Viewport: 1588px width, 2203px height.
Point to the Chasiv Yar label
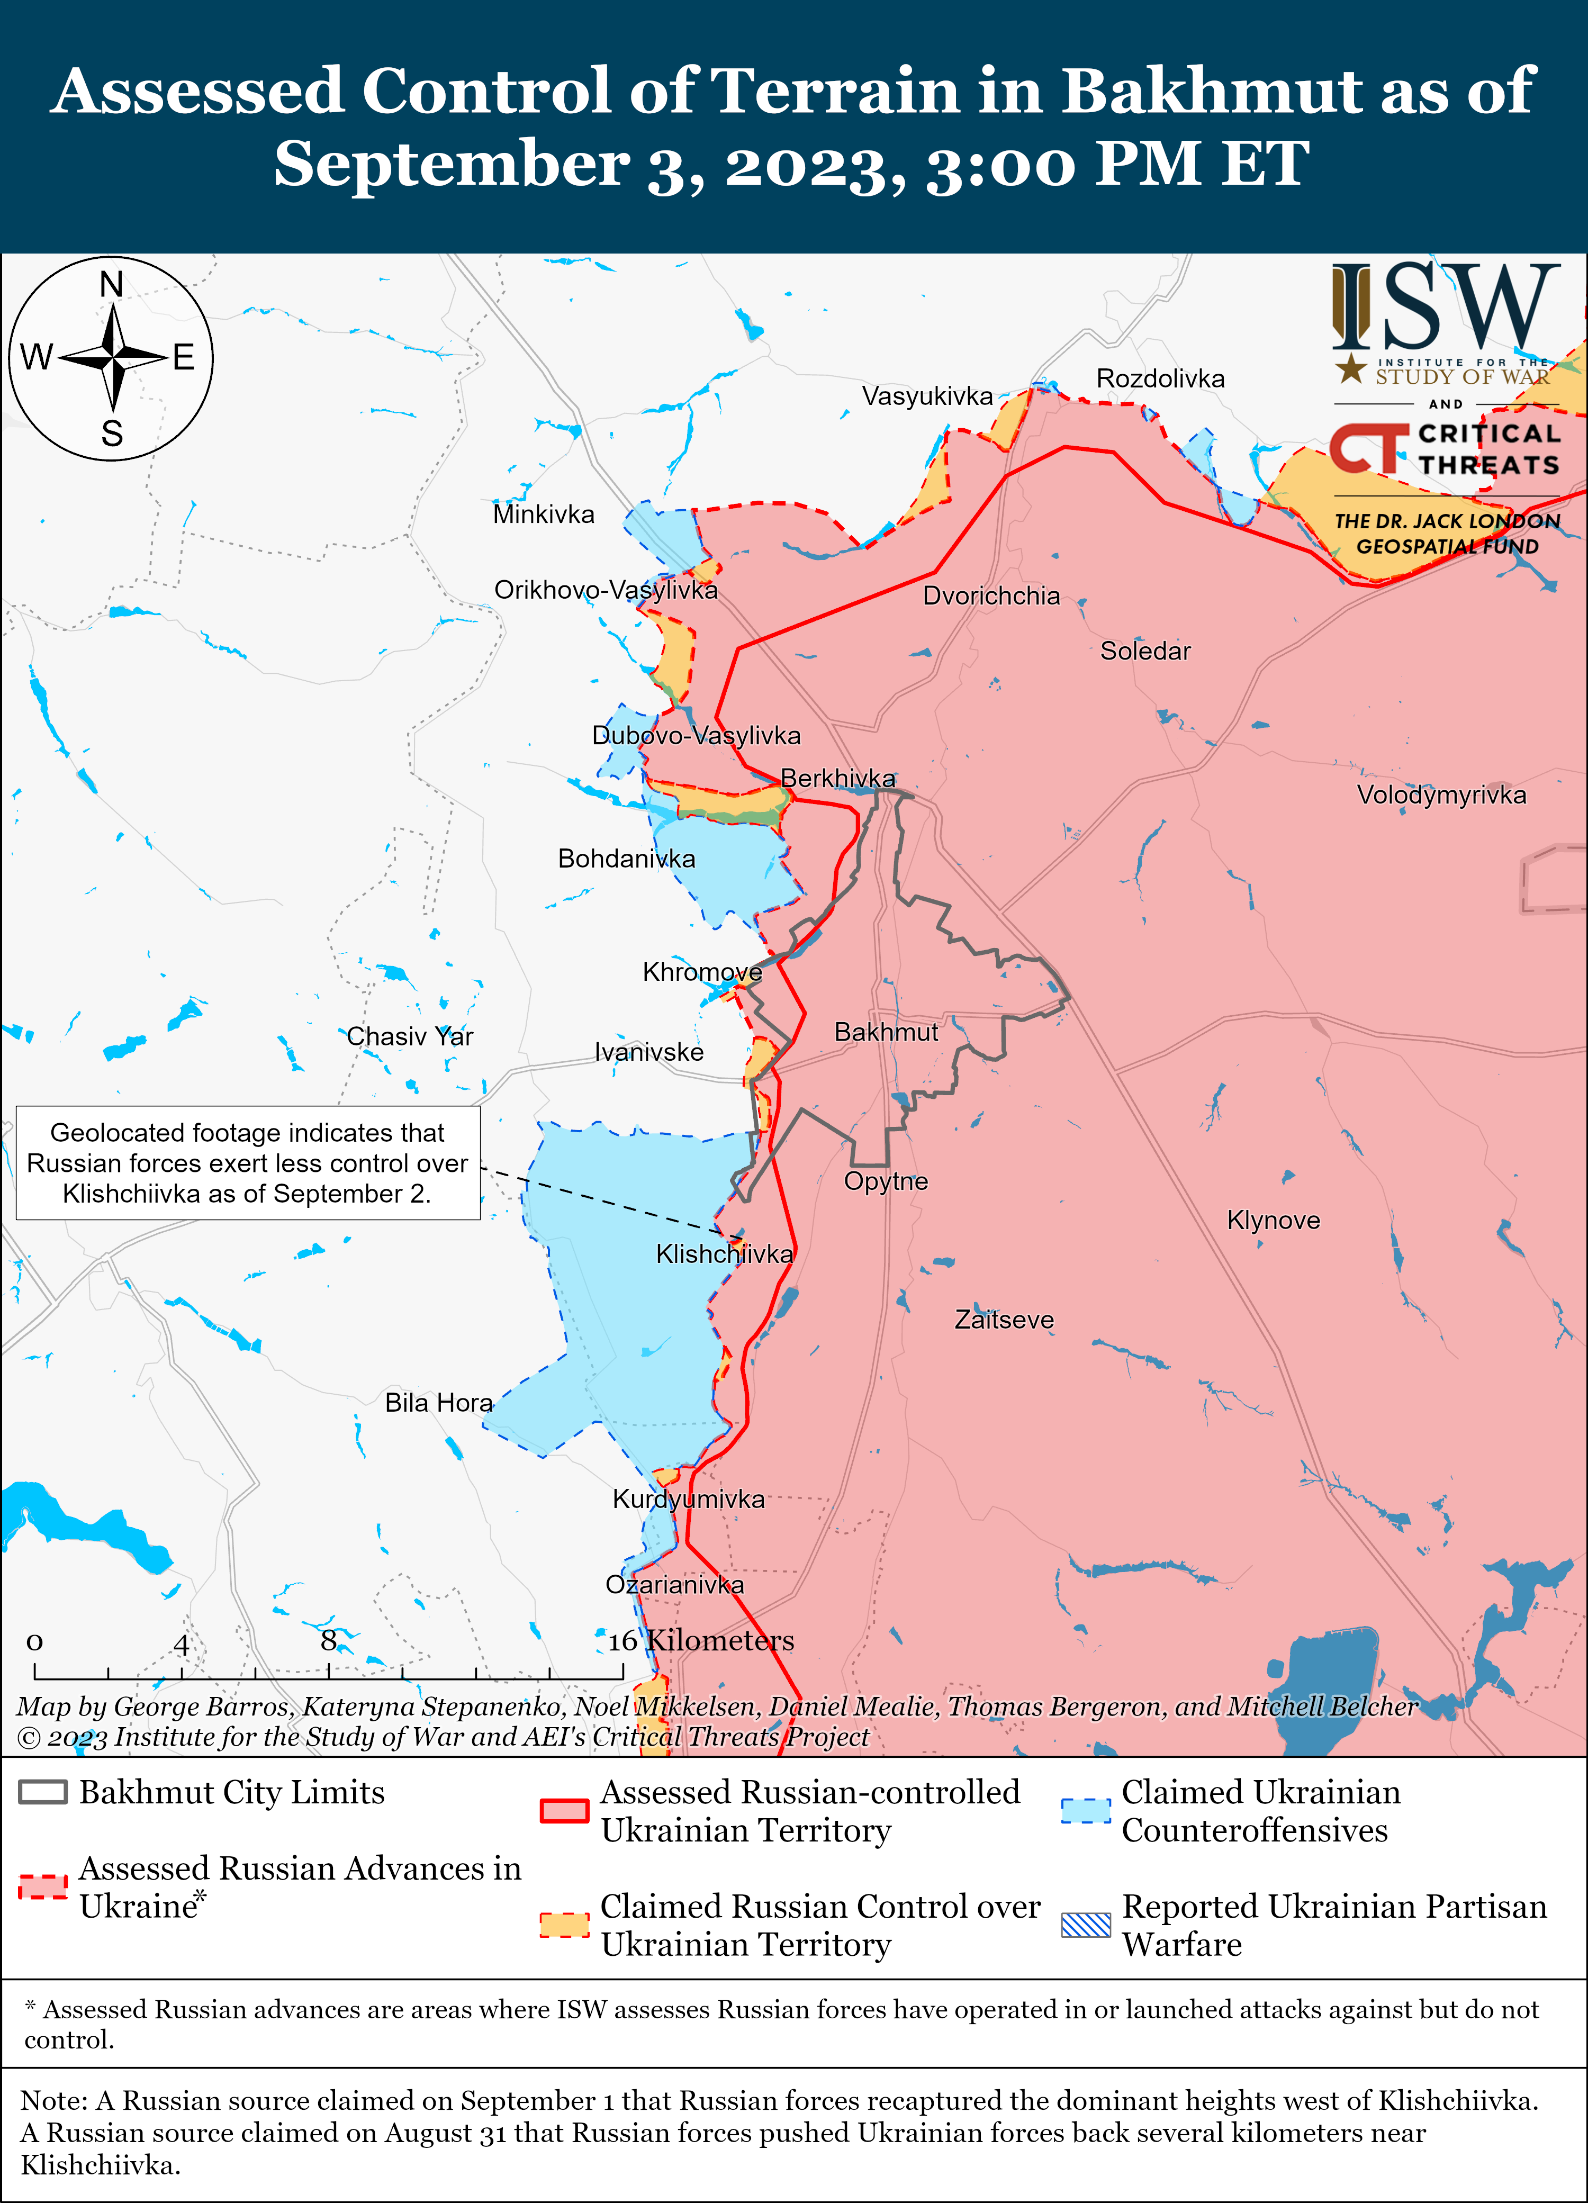click(410, 1036)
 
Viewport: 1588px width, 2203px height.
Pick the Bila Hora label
click(438, 1403)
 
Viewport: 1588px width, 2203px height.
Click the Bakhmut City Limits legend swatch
click(43, 1792)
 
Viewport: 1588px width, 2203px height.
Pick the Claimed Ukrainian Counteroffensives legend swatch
click(1085, 1811)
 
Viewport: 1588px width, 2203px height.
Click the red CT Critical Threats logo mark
click(1367, 449)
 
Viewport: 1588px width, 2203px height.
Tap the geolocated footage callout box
click(248, 1163)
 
